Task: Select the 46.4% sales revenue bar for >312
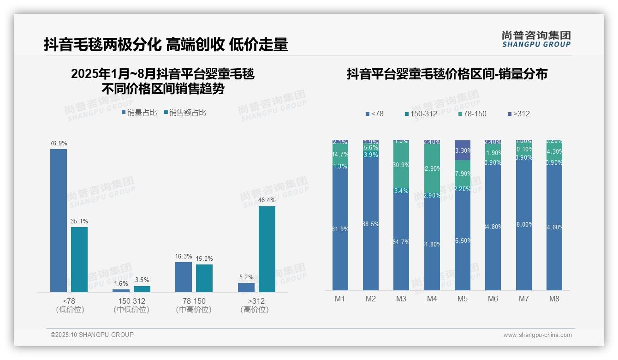(267, 249)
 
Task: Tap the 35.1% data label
(79, 222)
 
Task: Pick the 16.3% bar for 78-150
(184, 277)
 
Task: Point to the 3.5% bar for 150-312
(142, 289)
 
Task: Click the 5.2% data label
(246, 277)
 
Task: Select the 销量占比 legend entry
(139, 113)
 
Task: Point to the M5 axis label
(462, 299)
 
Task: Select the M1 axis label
(340, 299)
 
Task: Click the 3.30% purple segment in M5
(463, 150)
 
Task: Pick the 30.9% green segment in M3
(401, 165)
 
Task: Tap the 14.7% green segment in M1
(340, 154)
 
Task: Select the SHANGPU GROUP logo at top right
(536, 39)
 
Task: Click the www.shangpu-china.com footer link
(537, 335)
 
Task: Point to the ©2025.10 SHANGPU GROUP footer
(92, 335)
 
